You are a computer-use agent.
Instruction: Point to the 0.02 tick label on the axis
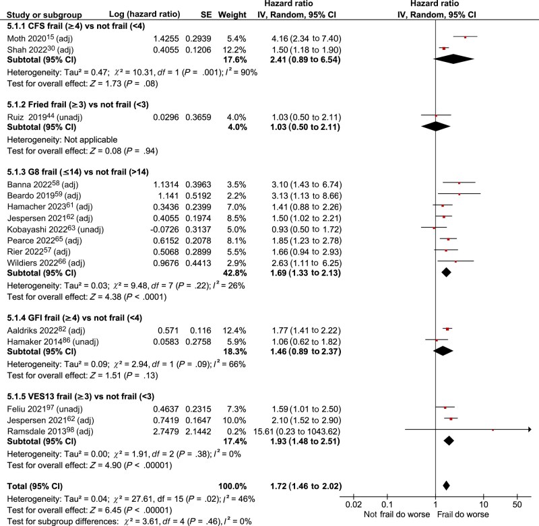(351, 504)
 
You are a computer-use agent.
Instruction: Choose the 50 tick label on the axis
(517, 504)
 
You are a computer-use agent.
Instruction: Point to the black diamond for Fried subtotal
(436, 125)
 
